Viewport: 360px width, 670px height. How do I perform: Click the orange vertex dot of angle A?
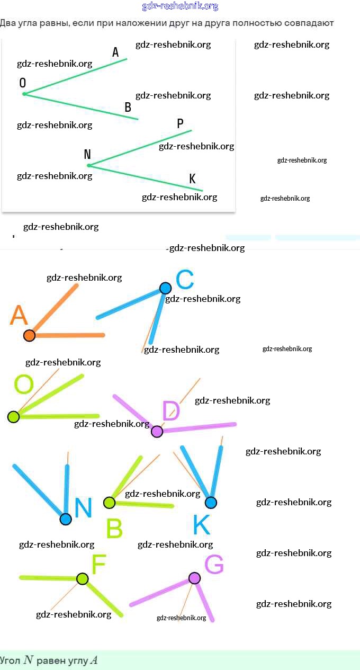click(29, 335)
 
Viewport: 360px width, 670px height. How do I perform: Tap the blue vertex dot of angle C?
click(166, 288)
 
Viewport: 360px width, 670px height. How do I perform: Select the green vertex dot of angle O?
click(13, 417)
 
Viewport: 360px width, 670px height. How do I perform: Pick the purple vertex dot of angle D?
click(157, 431)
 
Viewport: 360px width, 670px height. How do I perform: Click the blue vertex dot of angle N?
click(66, 519)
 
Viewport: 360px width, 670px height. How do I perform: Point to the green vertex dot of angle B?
click(109, 502)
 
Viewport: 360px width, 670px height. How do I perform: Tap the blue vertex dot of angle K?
click(211, 502)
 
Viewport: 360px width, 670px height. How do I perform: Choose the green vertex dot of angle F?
click(82, 578)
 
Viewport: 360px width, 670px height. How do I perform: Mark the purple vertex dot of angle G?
click(195, 578)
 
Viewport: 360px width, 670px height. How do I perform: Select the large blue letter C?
click(185, 280)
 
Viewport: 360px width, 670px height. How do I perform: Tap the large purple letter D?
click(171, 411)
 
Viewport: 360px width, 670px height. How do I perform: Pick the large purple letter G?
click(214, 565)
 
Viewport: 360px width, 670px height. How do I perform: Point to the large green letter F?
click(99, 565)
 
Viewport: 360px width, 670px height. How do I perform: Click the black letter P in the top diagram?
click(180, 123)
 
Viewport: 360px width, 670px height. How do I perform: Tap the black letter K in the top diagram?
click(193, 179)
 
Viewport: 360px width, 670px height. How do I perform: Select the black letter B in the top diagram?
click(128, 108)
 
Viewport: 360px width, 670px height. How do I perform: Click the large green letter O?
click(23, 385)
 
